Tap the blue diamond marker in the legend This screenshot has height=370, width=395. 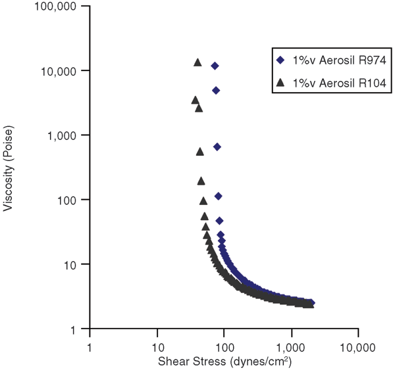pos(280,60)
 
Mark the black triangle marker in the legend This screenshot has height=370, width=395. pos(280,83)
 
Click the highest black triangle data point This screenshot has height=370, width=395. pos(197,62)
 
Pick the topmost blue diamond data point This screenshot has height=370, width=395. pos(215,66)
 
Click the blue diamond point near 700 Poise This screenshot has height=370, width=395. pos(217,147)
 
